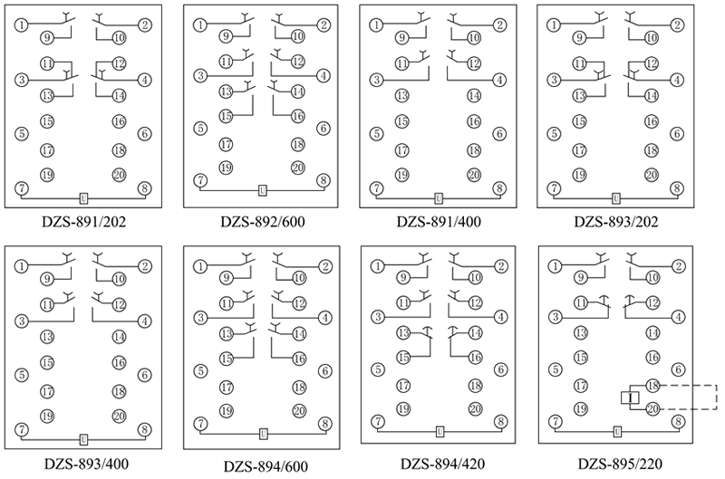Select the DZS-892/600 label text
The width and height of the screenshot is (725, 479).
263,222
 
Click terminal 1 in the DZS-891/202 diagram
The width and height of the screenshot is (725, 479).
20,24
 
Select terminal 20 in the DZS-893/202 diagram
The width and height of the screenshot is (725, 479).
651,175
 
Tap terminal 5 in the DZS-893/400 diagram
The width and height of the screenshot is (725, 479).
20,373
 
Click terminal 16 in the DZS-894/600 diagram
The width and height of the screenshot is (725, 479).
298,359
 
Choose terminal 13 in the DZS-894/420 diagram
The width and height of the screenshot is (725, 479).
401,333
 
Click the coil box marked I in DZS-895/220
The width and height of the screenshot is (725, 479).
626,397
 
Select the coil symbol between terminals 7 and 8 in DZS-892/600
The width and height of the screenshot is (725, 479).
263,190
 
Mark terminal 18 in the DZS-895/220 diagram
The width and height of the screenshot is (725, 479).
651,386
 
